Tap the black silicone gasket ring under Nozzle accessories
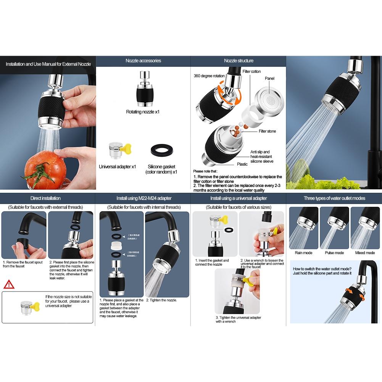(161, 150)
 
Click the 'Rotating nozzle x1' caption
(143, 112)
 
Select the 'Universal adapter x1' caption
(118, 167)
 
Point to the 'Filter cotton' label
(251, 72)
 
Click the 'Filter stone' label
(267, 131)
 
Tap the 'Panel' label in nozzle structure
(269, 79)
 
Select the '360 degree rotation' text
(209, 76)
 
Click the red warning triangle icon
(8, 284)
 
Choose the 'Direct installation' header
(45, 198)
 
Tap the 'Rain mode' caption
(303, 253)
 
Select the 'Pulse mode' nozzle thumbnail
(334, 228)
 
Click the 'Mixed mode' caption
(365, 253)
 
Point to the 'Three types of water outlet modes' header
(334, 198)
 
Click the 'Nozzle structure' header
(239, 61)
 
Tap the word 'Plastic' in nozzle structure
(242, 164)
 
